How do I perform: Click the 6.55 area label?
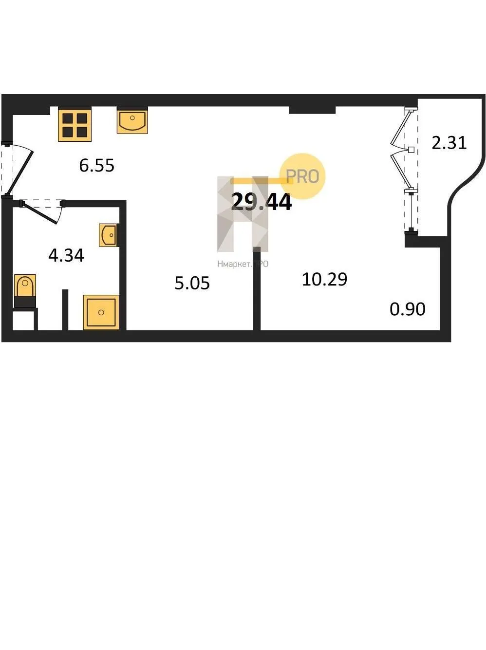(x=96, y=166)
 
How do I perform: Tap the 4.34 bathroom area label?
(x=66, y=255)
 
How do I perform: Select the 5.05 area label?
(x=192, y=283)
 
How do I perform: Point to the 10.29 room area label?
(x=324, y=280)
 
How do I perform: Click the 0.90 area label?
(x=408, y=309)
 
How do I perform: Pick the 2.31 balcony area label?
(x=449, y=143)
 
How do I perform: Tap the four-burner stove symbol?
(x=75, y=125)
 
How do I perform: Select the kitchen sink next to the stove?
(x=132, y=121)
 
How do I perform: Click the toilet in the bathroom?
(x=25, y=288)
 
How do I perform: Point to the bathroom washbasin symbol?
(x=109, y=235)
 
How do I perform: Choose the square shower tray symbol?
(x=101, y=312)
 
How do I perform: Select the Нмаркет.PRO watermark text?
(x=243, y=264)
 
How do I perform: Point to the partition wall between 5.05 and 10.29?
(x=257, y=289)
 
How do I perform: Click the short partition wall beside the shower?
(x=65, y=309)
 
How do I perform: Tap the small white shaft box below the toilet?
(x=23, y=320)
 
